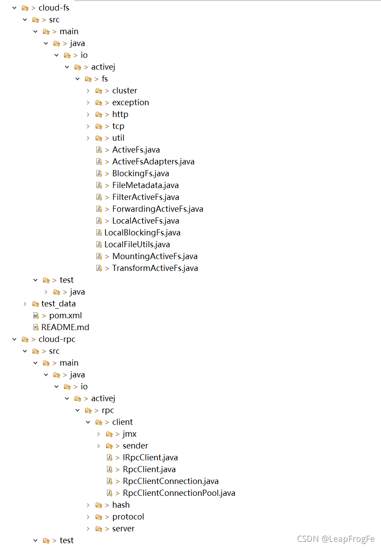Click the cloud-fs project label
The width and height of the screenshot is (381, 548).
point(53,8)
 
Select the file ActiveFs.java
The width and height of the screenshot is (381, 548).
point(136,150)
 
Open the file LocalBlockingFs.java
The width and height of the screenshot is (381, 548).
point(142,233)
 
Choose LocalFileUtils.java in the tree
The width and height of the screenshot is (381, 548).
point(137,245)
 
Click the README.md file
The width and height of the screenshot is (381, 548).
point(65,327)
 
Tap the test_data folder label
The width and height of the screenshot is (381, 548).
point(58,304)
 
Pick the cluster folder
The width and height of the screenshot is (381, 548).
point(125,91)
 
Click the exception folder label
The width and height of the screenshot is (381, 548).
point(130,103)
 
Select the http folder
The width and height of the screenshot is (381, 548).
point(120,114)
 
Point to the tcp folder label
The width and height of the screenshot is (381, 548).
point(118,126)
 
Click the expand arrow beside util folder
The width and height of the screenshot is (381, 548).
point(89,138)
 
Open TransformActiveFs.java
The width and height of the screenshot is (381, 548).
point(155,268)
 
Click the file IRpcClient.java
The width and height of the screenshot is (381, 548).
point(150,458)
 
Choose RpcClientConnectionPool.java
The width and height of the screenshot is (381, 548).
point(179,493)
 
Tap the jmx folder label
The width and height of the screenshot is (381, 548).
point(129,434)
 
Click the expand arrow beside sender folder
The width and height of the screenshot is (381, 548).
point(99,446)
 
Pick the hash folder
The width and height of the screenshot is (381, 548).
point(121,505)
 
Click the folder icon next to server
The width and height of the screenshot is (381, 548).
point(99,529)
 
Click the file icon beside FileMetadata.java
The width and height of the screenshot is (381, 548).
point(99,185)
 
